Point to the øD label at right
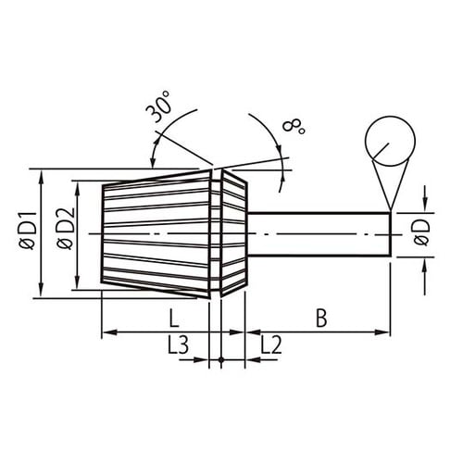tap(422, 234)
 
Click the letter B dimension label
tap(320, 318)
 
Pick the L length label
tap(173, 318)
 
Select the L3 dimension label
tap(179, 346)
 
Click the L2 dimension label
tap(271, 346)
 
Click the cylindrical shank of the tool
tap(319, 234)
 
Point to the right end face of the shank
tap(390, 234)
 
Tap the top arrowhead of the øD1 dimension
tap(41, 175)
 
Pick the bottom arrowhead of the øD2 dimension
tap(76, 284)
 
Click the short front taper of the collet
tap(235, 234)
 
